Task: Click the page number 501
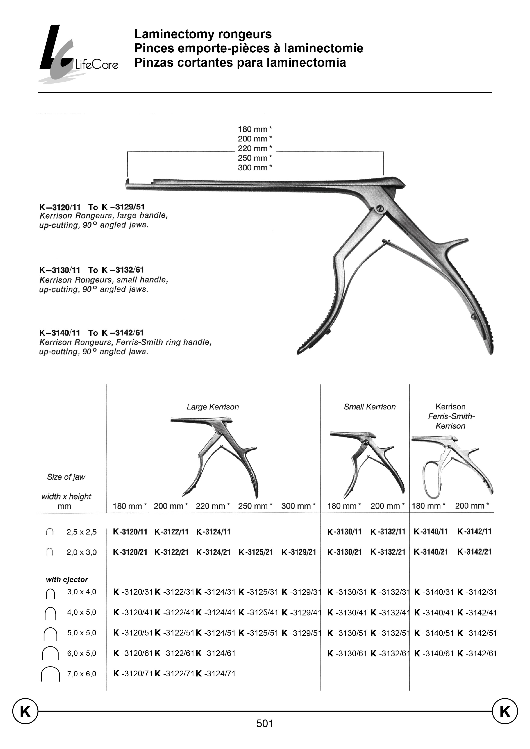(x=265, y=724)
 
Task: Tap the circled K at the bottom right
(x=505, y=711)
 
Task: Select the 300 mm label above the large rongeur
(x=255, y=168)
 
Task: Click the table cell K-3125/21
(x=256, y=552)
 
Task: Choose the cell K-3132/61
(x=390, y=653)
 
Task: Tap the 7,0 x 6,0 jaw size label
(x=82, y=674)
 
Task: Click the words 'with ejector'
(x=67, y=580)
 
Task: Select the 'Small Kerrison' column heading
(x=370, y=407)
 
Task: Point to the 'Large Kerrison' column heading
(x=213, y=407)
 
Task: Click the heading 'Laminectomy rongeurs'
(x=203, y=34)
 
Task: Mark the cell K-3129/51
(x=301, y=633)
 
